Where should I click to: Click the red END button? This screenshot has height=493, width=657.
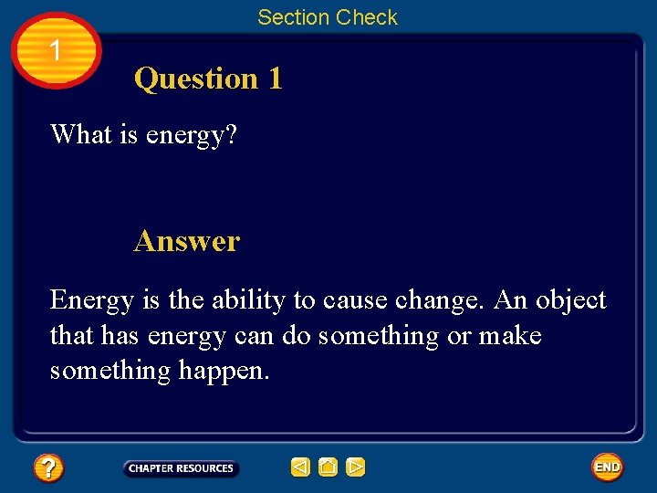[x=607, y=467]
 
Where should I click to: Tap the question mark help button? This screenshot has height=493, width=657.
[x=47, y=468]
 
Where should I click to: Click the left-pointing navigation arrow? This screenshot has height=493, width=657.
[x=300, y=467]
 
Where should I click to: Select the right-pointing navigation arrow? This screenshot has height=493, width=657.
[x=355, y=467]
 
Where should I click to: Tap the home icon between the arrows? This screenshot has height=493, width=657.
[x=328, y=467]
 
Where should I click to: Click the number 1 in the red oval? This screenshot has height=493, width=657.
[x=57, y=51]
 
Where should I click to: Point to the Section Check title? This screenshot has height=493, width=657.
[x=328, y=17]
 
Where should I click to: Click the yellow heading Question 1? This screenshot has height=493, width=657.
[x=208, y=79]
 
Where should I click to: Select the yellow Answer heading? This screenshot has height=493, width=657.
[x=186, y=241]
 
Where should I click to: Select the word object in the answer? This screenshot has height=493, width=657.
[x=570, y=300]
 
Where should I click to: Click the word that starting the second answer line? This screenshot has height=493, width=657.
[x=70, y=336]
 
